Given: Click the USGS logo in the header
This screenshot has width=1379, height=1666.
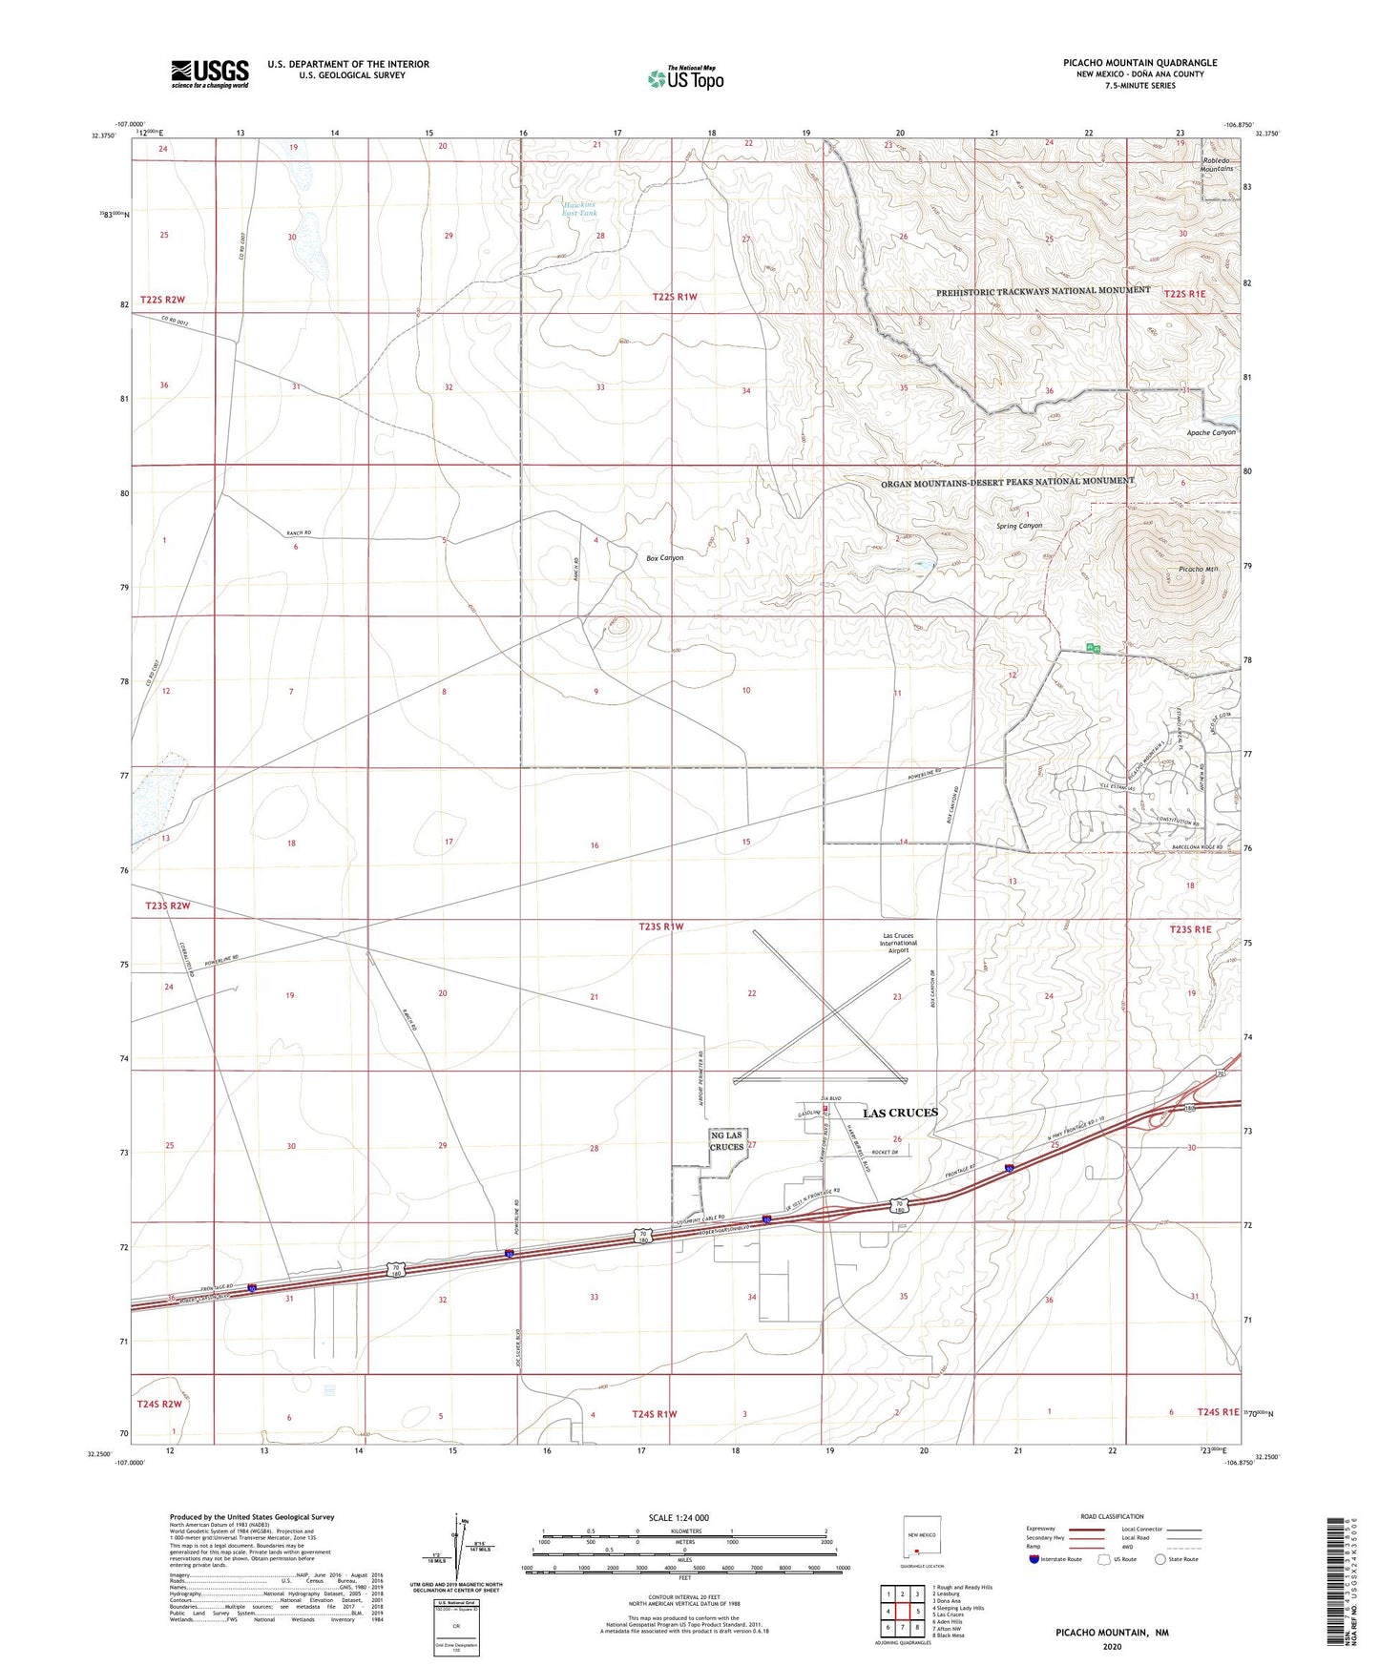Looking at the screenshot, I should [x=209, y=73].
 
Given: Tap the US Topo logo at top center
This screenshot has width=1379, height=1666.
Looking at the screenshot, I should [x=686, y=78].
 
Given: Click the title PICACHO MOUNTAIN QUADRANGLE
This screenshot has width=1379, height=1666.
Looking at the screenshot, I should [x=1139, y=63].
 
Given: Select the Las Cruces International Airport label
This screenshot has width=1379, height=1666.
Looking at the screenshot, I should [x=898, y=942].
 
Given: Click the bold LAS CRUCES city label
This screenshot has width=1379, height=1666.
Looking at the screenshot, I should [x=900, y=1113].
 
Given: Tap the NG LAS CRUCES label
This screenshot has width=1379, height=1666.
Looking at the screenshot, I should [x=726, y=1140].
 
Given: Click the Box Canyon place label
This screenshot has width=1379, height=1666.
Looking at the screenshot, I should [x=664, y=557].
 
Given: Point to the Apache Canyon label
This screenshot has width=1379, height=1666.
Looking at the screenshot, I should [x=1210, y=432].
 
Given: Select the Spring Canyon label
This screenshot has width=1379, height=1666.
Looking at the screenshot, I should [x=1019, y=526].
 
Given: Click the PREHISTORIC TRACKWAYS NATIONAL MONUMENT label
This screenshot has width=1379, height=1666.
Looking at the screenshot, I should [x=1043, y=290].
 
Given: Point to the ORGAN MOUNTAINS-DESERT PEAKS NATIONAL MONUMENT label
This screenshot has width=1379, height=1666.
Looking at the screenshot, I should [x=1008, y=482].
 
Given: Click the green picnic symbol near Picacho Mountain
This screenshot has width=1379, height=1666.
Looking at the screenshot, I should [x=1094, y=649].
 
